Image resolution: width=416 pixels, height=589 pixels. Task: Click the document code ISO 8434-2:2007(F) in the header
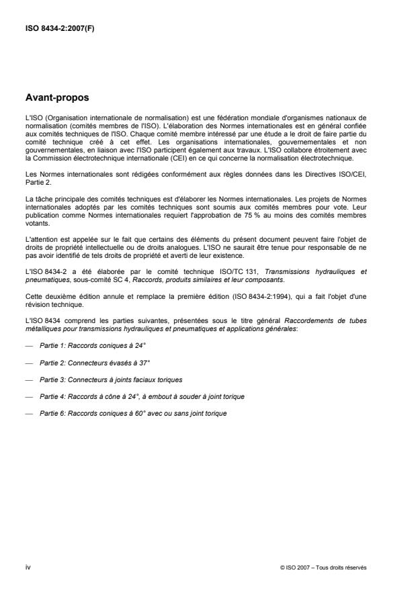tap(58, 28)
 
